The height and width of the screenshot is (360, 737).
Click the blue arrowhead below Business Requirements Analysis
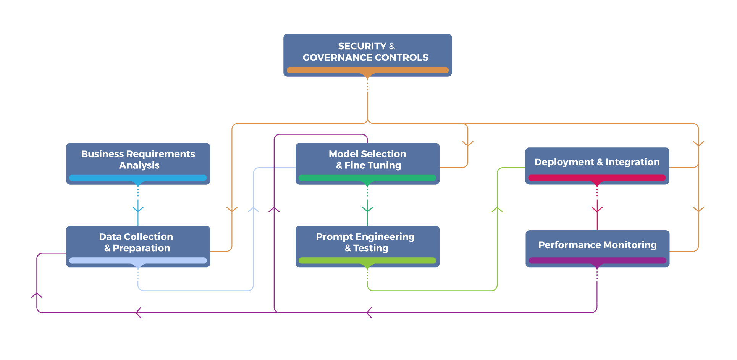point(138,209)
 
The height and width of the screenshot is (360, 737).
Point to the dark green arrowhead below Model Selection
point(367,209)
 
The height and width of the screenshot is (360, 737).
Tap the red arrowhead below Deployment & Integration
point(597,209)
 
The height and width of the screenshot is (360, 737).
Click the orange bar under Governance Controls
point(367,70)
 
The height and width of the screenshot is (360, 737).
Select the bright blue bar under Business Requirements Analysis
point(138,178)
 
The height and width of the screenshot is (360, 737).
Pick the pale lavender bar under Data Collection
point(138,261)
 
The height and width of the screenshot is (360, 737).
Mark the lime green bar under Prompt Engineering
point(367,261)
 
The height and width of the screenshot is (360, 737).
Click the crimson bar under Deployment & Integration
point(597,178)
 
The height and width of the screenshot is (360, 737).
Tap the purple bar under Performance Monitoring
point(597,261)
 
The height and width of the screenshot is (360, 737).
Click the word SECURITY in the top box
point(362,46)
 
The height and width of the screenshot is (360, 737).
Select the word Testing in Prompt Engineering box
point(370,249)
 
